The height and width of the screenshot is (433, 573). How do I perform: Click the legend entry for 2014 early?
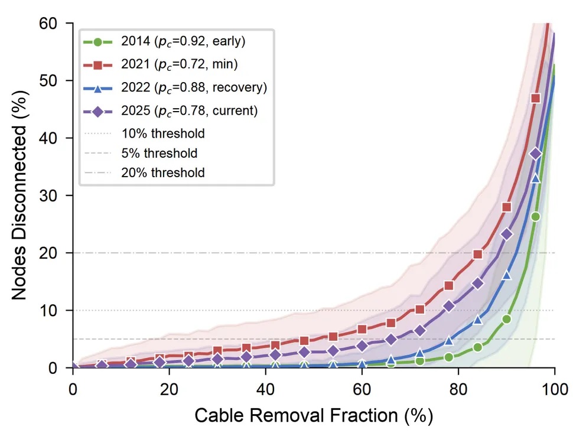coord(171,43)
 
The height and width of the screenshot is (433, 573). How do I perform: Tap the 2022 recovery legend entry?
coord(171,87)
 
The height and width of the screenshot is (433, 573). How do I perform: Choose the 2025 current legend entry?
coord(171,110)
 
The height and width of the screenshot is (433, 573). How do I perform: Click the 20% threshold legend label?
coord(163,172)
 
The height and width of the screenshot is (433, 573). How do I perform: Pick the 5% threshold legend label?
coord(159,153)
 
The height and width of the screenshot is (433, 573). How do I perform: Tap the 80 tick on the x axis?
coord(458,389)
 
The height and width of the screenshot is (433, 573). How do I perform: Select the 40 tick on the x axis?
coord(266,389)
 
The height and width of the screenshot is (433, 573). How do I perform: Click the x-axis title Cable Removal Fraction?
coord(314,415)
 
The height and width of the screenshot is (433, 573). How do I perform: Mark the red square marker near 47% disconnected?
coord(536,98)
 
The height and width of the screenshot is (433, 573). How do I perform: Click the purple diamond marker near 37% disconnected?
coord(536,154)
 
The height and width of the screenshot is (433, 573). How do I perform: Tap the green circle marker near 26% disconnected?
coord(536,216)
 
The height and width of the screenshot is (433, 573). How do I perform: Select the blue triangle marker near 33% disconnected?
coord(536,178)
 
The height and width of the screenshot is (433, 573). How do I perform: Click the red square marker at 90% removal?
coord(507,207)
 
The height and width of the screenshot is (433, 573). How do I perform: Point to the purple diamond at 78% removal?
coord(449,306)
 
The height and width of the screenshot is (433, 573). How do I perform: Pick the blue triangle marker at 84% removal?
coord(478,320)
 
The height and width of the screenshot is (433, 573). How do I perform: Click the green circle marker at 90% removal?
coord(507,319)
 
